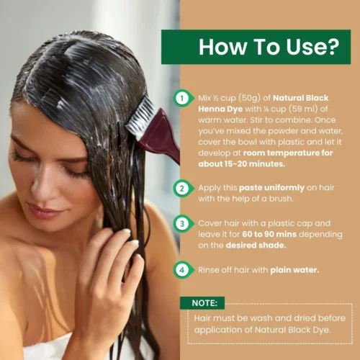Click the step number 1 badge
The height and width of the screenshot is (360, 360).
(183, 98)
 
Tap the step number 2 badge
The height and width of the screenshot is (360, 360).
(183, 189)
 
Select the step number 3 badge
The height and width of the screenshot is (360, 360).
(183, 224)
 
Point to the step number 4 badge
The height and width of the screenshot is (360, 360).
(183, 270)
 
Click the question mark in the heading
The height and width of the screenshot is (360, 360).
(333, 47)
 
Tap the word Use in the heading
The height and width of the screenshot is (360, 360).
(305, 47)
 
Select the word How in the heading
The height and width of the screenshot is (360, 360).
(222, 47)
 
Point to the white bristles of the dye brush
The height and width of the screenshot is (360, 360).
(141, 117)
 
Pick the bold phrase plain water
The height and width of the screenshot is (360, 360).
(294, 270)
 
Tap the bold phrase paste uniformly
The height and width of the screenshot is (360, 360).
(271, 188)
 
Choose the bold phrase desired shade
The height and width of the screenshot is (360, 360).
(256, 246)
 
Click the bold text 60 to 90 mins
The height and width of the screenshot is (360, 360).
(269, 234)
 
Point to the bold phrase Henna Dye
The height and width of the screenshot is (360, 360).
(220, 109)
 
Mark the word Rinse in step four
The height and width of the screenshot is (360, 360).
(209, 270)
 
